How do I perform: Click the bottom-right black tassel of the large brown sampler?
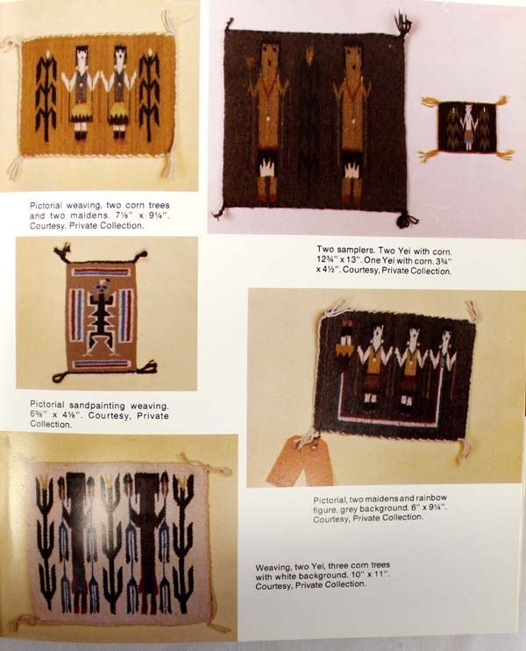pos(406,218)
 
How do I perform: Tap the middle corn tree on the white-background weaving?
pos(112,540)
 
